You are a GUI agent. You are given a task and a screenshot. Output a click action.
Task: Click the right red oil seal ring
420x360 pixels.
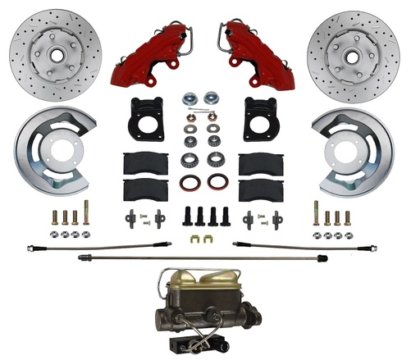(x=217, y=182)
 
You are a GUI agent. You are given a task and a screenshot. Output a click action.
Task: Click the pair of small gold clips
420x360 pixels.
(x=197, y=240)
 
